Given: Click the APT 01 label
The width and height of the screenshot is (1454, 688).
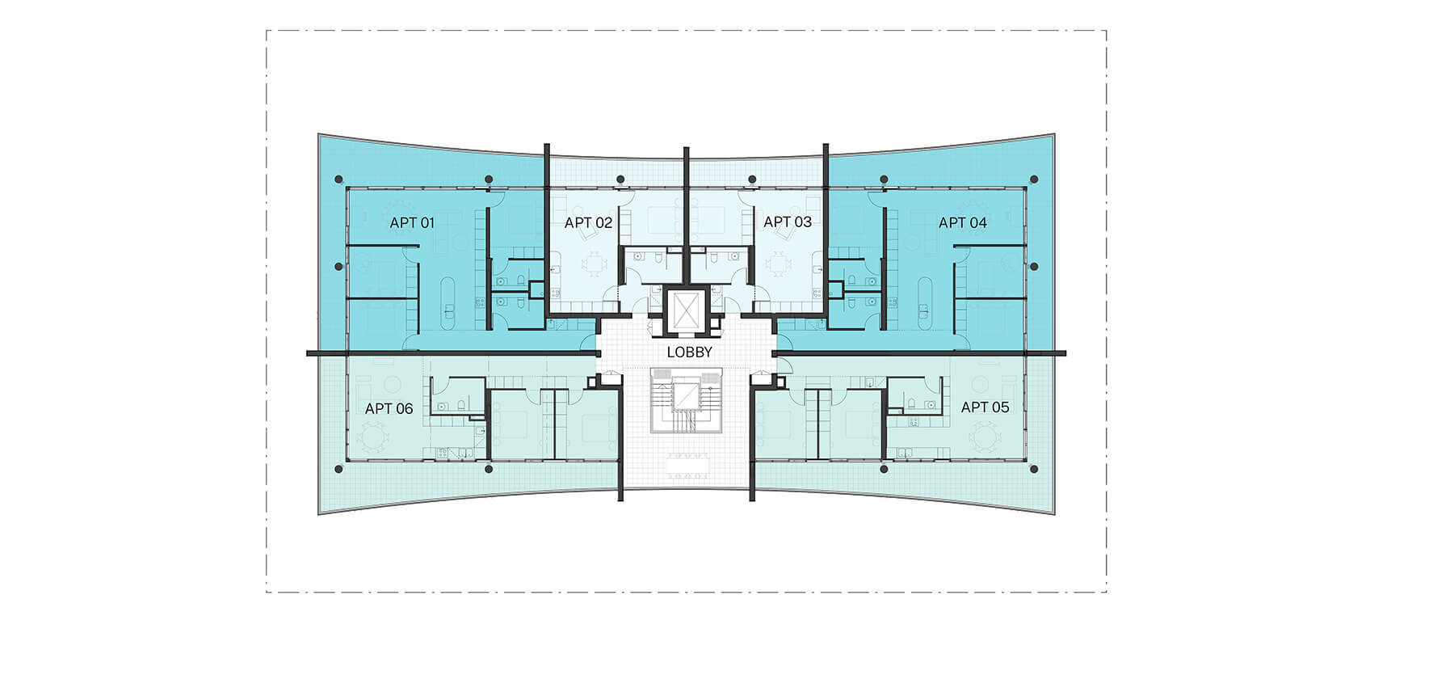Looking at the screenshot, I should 412,222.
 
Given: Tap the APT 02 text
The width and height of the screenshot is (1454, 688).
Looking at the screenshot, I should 588,222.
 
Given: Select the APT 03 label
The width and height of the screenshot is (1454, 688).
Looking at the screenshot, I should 788,222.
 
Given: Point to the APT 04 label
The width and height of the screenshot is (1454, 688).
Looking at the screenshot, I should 962,222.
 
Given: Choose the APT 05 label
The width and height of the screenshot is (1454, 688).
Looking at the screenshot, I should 985,407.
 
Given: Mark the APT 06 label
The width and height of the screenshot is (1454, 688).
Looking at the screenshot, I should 389,408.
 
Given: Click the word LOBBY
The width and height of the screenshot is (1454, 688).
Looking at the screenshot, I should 689,352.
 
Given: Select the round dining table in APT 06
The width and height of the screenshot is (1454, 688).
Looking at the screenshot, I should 371,440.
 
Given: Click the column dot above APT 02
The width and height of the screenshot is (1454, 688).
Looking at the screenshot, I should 620,179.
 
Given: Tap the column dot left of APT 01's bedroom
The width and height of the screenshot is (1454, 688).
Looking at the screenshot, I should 338,266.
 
